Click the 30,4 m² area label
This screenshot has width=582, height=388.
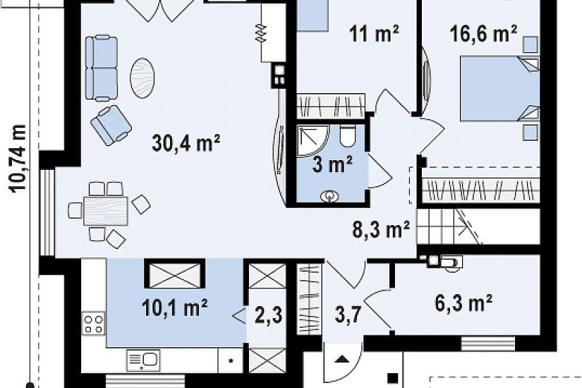186,143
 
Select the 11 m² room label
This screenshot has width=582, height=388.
374,34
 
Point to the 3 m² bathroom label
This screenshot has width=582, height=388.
332,164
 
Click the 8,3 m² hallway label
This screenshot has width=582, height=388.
381,230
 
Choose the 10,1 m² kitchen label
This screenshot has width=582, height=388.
174,308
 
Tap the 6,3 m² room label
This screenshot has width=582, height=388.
463,303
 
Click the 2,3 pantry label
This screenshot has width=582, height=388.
269,315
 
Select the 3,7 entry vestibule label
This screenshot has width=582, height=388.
348,316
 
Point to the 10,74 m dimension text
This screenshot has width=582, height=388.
18,159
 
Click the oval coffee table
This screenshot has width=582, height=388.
143,78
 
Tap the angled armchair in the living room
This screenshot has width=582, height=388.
111,125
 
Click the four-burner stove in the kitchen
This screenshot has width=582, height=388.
94,324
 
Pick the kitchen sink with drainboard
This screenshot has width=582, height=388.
143,360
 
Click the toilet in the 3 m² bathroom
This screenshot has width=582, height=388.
348,136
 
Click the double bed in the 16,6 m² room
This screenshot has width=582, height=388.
499,88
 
